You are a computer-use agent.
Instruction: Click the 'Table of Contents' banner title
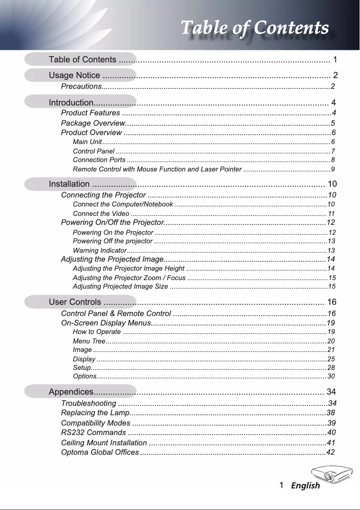(x=254, y=28)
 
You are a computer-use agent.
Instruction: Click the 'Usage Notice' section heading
(x=75, y=75)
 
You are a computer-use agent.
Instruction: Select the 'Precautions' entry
(x=81, y=86)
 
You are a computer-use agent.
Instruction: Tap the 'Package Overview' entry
(x=92, y=123)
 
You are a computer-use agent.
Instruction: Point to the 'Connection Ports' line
(x=99, y=160)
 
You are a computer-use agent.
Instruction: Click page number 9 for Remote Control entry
(x=332, y=169)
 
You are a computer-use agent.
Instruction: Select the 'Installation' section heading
(x=69, y=184)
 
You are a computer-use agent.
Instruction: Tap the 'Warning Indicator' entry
(x=100, y=250)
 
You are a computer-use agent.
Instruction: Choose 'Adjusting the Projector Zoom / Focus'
(x=129, y=277)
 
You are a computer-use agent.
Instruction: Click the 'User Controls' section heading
(x=75, y=301)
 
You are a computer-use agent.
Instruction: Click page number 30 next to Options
(x=331, y=376)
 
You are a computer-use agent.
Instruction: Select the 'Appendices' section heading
(x=71, y=391)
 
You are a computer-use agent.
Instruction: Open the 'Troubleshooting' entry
(x=89, y=403)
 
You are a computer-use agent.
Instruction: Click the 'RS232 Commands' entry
(x=93, y=433)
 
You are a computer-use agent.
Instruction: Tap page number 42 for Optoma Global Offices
(x=330, y=452)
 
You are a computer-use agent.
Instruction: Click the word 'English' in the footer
(x=305, y=486)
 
